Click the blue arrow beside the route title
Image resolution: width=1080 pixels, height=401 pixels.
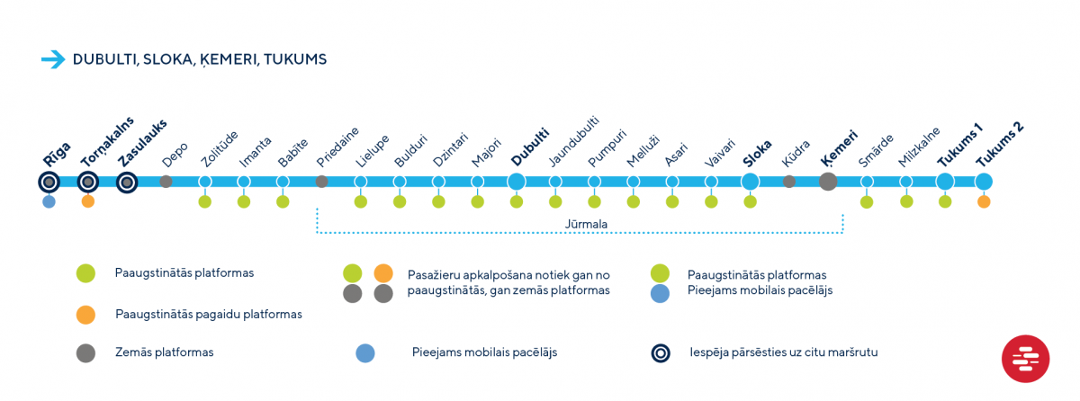coord(53,59)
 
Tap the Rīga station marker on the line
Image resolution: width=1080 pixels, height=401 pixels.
coord(49,183)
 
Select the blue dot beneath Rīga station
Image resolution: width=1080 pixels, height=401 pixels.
coord(49,201)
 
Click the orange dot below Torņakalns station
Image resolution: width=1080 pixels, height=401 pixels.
coord(88,201)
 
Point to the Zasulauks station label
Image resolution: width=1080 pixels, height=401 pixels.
coord(143,143)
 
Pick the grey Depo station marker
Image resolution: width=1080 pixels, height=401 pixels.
coord(166,182)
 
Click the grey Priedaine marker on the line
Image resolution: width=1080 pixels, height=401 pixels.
coord(321,182)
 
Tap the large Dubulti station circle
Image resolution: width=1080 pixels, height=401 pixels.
coord(517,182)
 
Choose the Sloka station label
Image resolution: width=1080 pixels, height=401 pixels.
coord(757,154)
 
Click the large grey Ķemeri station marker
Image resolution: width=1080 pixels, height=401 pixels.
coord(828,182)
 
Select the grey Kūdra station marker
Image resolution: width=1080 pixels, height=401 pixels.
coord(789,182)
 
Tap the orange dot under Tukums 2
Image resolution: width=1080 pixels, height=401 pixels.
coord(984,201)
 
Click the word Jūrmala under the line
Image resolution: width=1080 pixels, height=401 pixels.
coord(586,225)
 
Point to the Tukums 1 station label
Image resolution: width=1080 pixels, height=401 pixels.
coord(959,146)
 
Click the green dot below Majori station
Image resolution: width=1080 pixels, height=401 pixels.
coord(477,201)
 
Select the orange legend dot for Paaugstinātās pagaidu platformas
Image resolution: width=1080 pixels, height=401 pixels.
coord(85,315)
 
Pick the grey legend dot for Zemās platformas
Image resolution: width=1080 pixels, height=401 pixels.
coord(85,352)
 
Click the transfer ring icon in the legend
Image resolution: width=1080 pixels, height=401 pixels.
coord(661,352)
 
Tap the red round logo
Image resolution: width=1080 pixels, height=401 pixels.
coord(1025,359)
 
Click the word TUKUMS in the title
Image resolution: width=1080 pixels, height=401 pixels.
coord(295,59)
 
